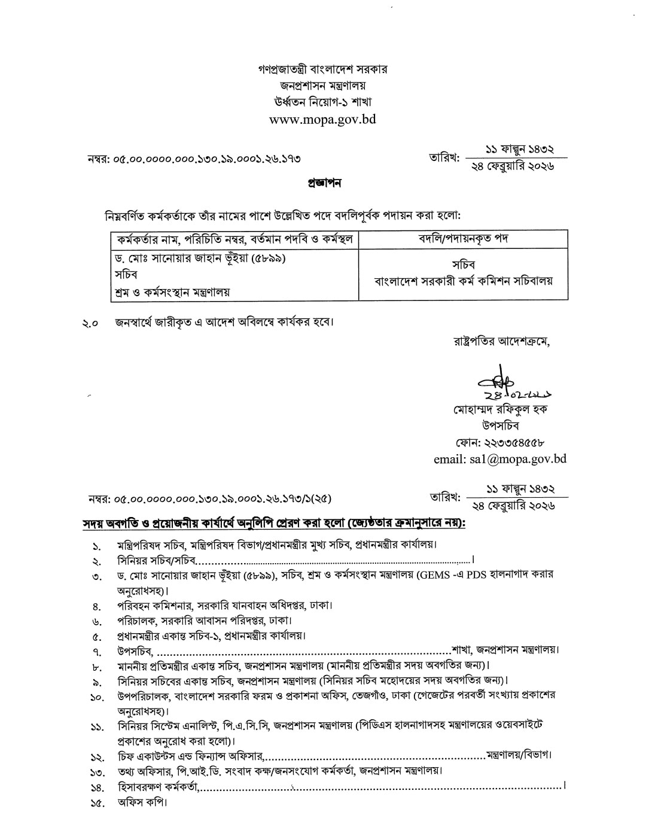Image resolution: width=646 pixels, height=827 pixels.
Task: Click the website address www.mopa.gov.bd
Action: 322,119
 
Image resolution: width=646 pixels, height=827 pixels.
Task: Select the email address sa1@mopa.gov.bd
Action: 499,459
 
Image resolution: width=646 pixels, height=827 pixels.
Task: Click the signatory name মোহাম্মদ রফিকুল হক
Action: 501,410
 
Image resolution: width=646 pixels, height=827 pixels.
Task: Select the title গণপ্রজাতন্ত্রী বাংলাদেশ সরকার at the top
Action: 322,69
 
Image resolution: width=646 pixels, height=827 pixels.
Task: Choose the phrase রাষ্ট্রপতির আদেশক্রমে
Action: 502,342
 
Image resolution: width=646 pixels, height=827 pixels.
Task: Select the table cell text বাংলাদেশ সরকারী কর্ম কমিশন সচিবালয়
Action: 463,280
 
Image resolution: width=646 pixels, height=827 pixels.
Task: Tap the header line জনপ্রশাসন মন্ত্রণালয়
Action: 322,86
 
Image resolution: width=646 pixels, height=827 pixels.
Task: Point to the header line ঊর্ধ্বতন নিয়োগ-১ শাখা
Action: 322,102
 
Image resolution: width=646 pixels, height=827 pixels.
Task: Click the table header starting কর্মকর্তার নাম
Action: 236,240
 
